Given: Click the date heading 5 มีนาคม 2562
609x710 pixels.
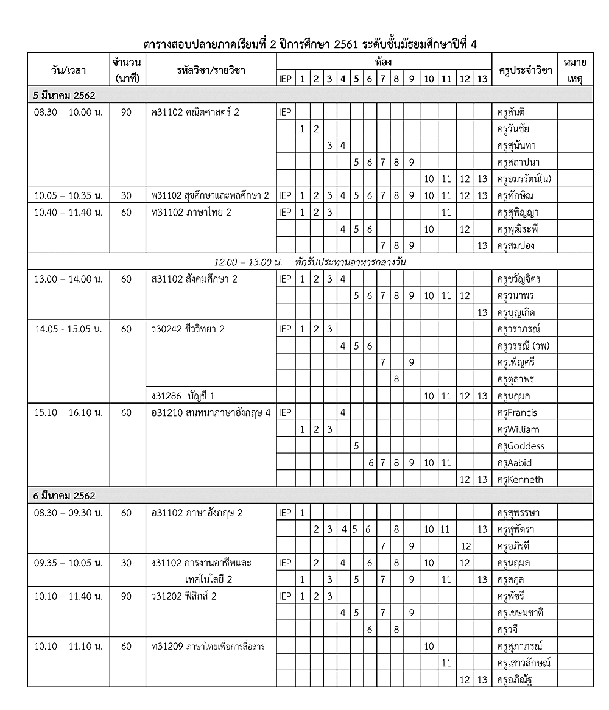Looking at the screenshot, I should (65, 96).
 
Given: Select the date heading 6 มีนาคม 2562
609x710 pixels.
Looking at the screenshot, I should (65, 496).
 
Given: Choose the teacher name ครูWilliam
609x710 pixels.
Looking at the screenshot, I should (518, 429).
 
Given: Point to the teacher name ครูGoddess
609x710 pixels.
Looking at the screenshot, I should (521, 446).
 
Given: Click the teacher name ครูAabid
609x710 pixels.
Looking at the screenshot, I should (515, 463).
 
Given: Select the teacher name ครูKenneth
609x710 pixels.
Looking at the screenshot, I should (520, 479).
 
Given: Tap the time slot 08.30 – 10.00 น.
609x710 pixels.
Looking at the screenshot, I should (68, 112).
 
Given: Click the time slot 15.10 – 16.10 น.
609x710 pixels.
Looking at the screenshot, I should (68, 413).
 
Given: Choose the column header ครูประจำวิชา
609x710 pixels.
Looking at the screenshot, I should (525, 71).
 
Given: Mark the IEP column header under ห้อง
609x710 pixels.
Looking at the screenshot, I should (285, 79).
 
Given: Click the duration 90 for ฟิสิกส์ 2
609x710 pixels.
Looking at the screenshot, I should (126, 596).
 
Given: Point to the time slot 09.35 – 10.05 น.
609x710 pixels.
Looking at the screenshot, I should (68, 563).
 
